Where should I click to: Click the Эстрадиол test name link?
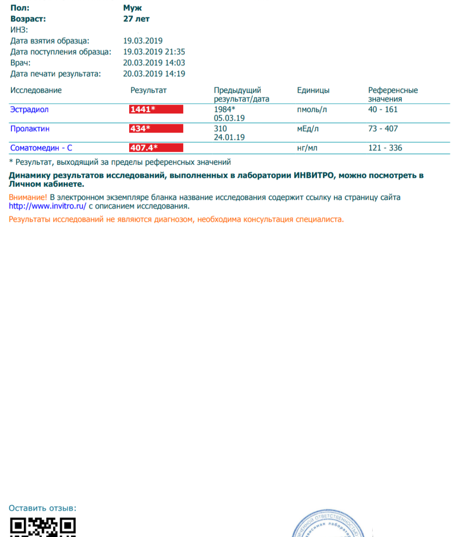point(29,110)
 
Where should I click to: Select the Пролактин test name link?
point(30,129)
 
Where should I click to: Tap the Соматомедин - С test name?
point(41,148)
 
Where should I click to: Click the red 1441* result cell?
point(156,110)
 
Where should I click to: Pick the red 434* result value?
point(156,129)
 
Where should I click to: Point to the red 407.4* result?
point(156,148)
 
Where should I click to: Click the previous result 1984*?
point(224,110)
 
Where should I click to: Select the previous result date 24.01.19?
point(229,137)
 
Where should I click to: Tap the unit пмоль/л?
point(312,110)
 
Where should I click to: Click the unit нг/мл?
point(307,148)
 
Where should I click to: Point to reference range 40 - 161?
point(382,110)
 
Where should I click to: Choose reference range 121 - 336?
point(385,148)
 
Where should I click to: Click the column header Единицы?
point(313,90)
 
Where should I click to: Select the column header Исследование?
point(36,90)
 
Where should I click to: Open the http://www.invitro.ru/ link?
point(48,206)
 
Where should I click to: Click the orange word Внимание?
point(28,197)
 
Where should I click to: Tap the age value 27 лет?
point(136,19)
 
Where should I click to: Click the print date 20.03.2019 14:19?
point(154,74)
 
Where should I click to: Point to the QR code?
point(42,527)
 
